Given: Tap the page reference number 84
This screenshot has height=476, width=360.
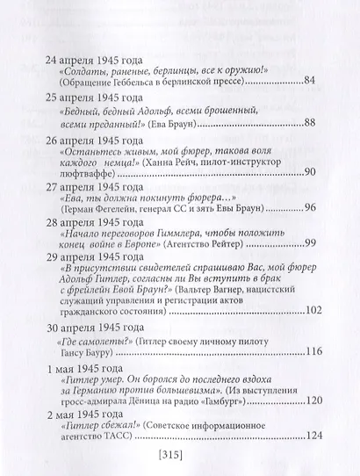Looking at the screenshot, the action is (x=308, y=82).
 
